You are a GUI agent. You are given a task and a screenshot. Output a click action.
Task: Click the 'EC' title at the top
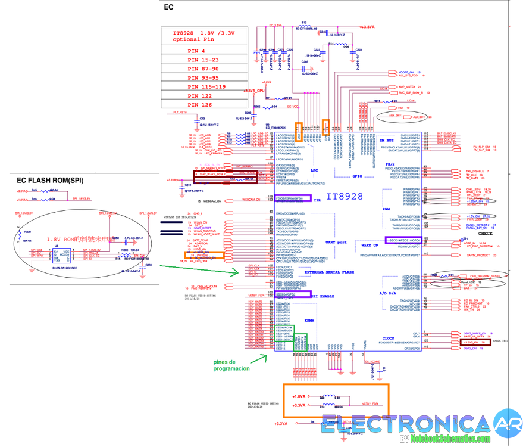tap(168, 7)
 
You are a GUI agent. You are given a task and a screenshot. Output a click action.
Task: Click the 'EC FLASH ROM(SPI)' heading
tap(50, 179)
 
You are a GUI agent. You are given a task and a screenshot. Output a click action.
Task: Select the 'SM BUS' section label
tap(388, 139)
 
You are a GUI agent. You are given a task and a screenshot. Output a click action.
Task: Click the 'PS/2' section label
tap(390, 164)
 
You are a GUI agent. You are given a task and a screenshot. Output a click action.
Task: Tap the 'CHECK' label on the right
tap(486, 217)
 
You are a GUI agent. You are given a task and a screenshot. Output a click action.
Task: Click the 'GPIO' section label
tap(357, 176)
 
